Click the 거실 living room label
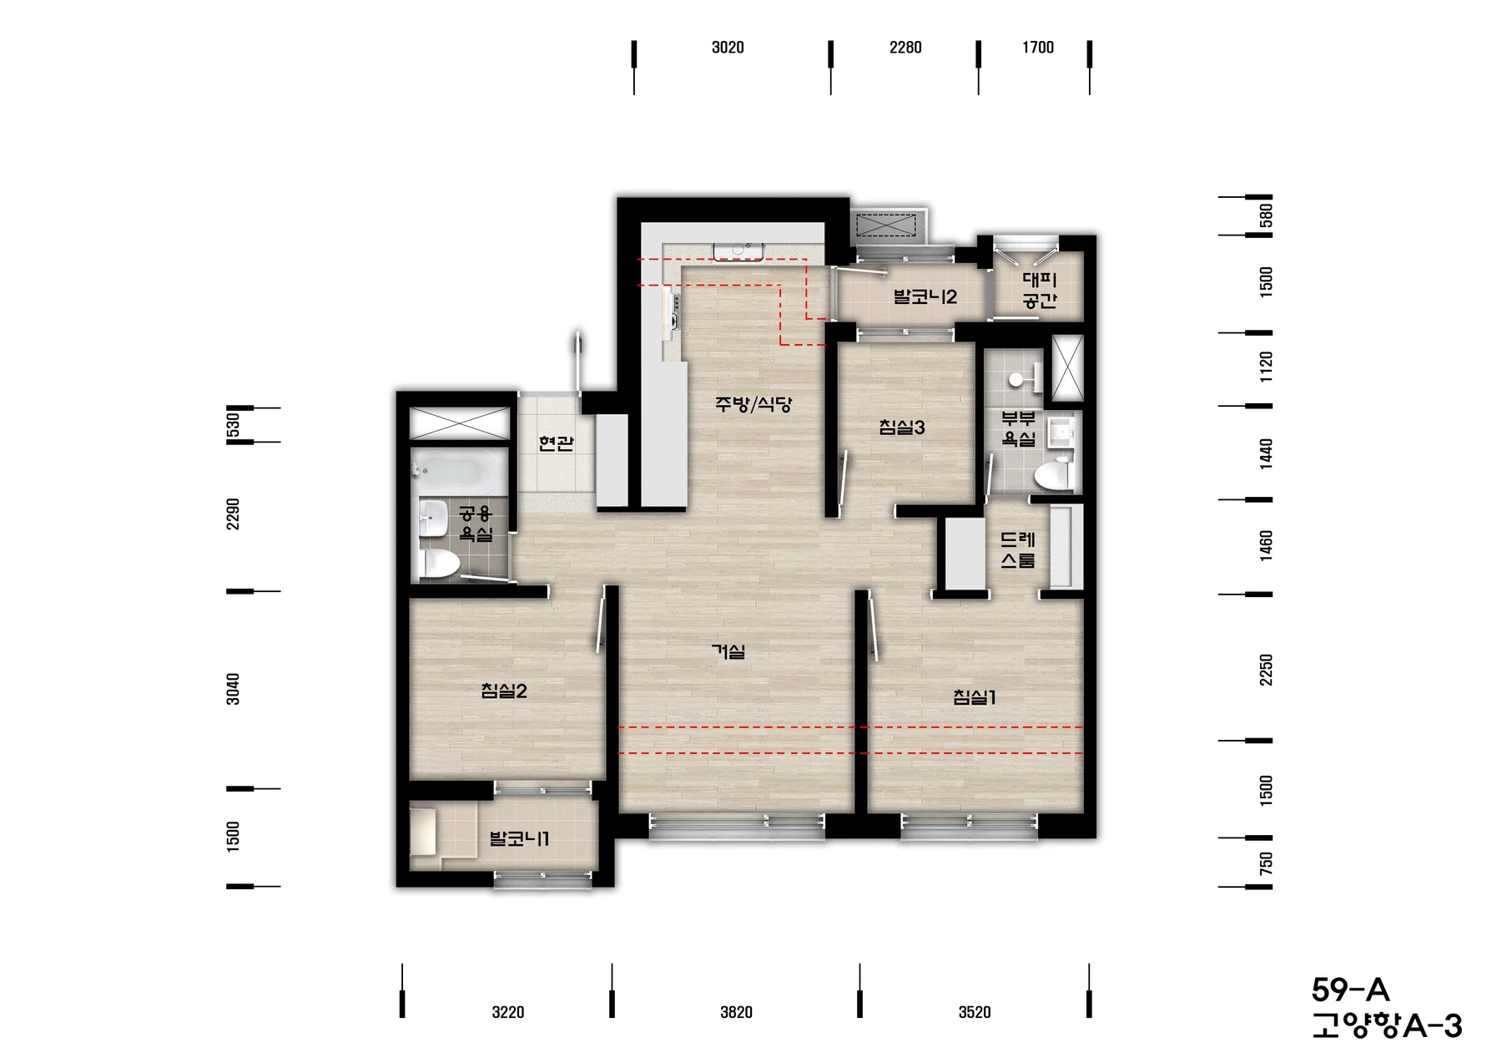[728, 650]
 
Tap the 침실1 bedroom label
[975, 696]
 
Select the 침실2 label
[504, 691]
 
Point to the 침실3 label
[902, 428]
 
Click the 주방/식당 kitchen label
[754, 404]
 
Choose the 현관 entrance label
[556, 443]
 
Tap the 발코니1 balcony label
[519, 838]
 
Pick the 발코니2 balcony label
[925, 296]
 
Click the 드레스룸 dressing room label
[1017, 550]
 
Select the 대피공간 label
[1040, 290]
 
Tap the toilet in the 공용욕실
[439, 563]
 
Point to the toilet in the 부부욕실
[1054, 474]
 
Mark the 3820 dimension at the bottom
[736, 1012]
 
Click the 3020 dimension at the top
[728, 48]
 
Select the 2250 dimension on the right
[1266, 670]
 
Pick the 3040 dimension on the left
[233, 689]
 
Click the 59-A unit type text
[1351, 990]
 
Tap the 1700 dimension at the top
[1038, 48]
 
